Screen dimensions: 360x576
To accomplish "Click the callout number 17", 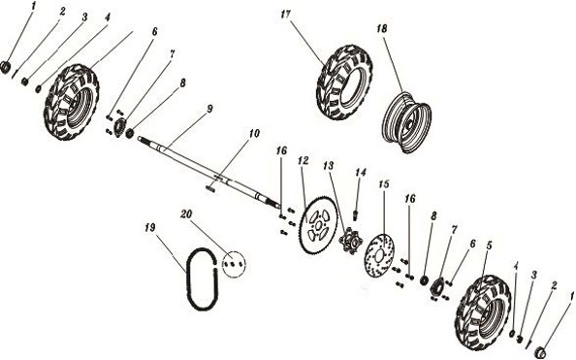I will [286, 15].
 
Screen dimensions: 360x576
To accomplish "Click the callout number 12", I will [303, 158].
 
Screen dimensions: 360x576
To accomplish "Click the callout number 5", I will [489, 245].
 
